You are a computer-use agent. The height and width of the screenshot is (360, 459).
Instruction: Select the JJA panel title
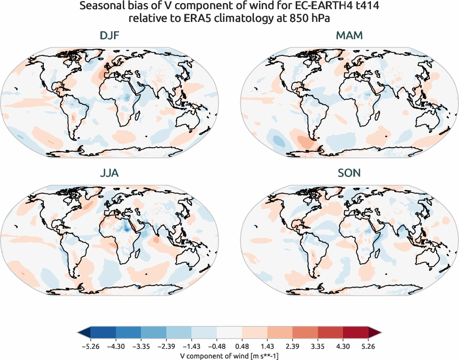[x=110, y=173]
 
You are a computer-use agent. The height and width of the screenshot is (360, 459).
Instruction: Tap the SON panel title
[x=349, y=173]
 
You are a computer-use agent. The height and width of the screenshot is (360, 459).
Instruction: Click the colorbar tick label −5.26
[x=91, y=346]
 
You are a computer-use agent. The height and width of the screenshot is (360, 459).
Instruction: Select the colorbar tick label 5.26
[x=368, y=346]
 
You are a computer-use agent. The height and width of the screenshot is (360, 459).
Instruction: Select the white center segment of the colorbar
[x=229, y=333]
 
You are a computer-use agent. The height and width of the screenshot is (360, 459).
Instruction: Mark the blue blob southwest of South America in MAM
[x=279, y=140]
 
